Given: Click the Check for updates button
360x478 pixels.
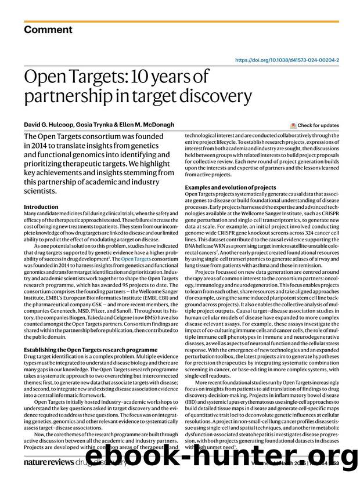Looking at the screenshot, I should [x=317, y=125].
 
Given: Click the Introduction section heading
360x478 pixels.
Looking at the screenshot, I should [x=41, y=207].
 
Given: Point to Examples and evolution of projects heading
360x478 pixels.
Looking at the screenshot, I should [x=230, y=187].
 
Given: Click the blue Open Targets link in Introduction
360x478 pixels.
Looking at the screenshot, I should [x=136, y=258].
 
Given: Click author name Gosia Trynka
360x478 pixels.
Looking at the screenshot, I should [x=98, y=124].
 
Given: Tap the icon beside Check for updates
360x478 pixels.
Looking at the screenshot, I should [x=293, y=125].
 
